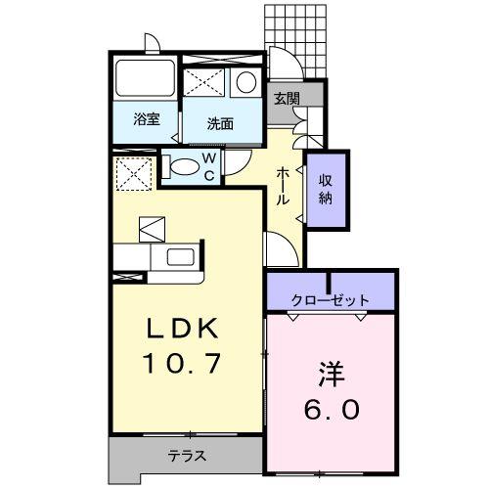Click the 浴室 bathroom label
(147, 120)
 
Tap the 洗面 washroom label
(220, 123)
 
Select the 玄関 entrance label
(286, 99)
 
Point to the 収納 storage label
(325, 189)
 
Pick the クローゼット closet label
(331, 299)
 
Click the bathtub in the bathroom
(143, 80)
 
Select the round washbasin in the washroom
(246, 82)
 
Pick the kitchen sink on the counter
(181, 260)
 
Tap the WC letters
(208, 167)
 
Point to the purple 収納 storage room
(325, 189)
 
